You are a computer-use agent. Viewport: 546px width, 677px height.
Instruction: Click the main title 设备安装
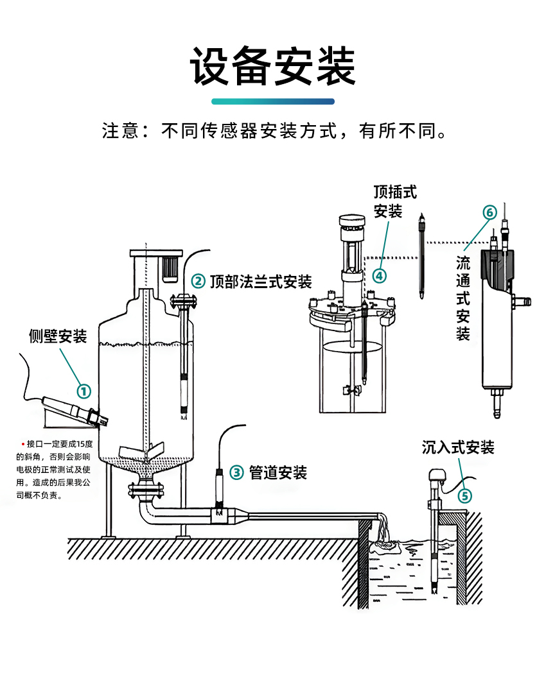273,66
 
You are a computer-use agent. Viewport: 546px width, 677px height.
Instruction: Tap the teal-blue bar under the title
273,101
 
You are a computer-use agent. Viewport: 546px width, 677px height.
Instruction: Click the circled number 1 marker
84,390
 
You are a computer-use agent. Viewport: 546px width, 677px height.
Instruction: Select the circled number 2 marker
198,281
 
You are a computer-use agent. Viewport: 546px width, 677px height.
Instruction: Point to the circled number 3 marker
237,473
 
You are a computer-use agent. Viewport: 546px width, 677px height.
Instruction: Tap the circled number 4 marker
380,275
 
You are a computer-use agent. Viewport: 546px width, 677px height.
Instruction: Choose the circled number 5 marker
464,495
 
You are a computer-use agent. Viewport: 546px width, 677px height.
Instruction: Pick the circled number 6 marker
489,212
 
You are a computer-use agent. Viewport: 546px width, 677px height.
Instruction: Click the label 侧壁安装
58,336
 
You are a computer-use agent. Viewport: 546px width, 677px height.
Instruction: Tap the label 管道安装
278,473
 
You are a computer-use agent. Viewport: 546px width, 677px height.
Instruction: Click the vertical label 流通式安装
463,298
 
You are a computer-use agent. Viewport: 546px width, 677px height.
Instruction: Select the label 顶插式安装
395,201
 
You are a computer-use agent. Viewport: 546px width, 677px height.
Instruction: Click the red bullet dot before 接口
23,444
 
